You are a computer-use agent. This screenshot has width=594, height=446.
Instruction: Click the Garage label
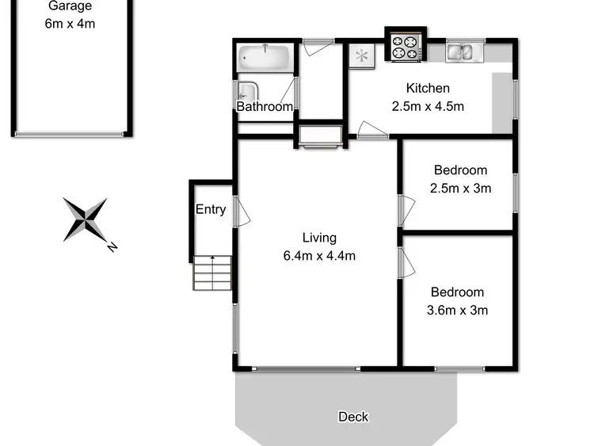(x=70, y=6)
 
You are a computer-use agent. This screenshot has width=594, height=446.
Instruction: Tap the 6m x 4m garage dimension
(x=70, y=24)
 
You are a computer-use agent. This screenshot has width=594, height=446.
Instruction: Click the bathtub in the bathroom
(x=265, y=57)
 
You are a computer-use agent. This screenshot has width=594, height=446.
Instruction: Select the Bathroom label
(x=265, y=106)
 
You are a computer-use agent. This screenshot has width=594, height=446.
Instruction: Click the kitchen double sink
(x=460, y=52)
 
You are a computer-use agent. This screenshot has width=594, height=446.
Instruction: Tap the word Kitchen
(x=428, y=88)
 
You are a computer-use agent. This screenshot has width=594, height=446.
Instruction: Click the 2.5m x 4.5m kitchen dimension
(x=428, y=105)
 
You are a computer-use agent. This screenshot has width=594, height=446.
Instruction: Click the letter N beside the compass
(x=112, y=247)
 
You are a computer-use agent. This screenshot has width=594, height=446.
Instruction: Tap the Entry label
(x=211, y=210)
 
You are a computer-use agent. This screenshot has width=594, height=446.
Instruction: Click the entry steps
(x=212, y=273)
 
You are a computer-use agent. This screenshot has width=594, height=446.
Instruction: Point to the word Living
(x=319, y=238)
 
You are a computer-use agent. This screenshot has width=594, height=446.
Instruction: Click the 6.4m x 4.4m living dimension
(x=319, y=255)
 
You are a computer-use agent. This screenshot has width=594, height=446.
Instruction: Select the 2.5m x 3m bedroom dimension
(x=460, y=188)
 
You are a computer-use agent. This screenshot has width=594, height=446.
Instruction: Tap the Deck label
(x=353, y=417)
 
